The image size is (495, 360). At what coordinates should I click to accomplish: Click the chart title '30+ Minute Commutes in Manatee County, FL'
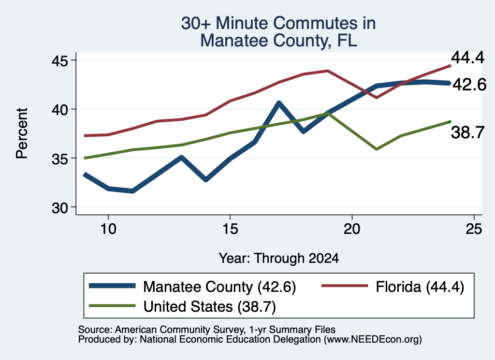[x=278, y=32]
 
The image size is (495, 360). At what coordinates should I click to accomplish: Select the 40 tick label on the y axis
[x=59, y=110]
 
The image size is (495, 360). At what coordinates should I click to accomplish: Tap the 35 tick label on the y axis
[x=59, y=158]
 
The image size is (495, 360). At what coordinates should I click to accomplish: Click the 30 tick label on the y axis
[x=59, y=207]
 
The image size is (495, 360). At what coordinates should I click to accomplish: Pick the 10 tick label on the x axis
[x=108, y=229]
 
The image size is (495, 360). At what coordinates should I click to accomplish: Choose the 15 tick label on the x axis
[x=230, y=229]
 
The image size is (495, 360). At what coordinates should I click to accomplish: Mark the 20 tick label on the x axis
[x=352, y=229]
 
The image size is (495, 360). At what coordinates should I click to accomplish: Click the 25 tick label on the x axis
[x=474, y=229]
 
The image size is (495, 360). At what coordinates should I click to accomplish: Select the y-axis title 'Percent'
[x=22, y=133]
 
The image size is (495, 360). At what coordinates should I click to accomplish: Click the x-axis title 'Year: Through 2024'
[x=279, y=258]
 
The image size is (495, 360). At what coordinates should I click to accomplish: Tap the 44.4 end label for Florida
[x=467, y=58]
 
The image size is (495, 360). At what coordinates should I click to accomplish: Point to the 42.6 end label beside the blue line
[x=469, y=85]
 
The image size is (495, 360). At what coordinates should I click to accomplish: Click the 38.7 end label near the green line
[x=467, y=132]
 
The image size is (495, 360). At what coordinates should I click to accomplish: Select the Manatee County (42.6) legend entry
[x=192, y=287]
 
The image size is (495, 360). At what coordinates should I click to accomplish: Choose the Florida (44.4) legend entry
[x=393, y=287]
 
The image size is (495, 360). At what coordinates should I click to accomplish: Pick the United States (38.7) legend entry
[x=182, y=306]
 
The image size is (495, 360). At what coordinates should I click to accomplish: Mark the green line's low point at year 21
[x=376, y=149]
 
